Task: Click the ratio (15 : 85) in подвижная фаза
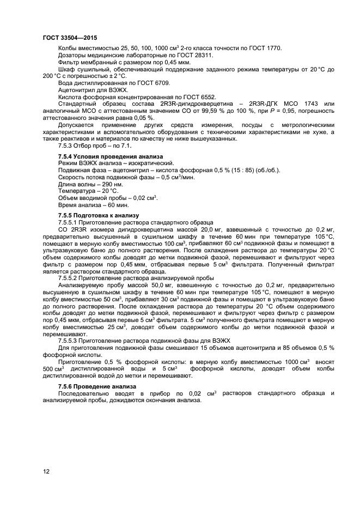[x=239, y=170]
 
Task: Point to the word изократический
[x=152, y=163]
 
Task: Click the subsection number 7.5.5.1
[x=68, y=223]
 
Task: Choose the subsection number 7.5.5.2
[x=68, y=278]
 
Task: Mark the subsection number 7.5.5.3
[x=68, y=341]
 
